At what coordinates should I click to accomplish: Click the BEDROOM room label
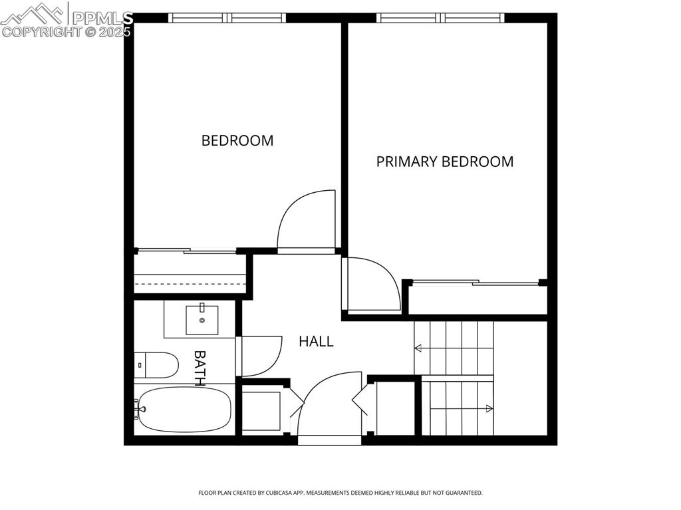point(237,140)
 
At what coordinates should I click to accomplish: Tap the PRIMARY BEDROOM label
point(444,162)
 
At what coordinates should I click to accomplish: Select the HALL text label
point(316,342)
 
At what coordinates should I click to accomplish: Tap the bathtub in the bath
point(185,410)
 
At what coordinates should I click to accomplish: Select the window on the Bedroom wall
point(227,18)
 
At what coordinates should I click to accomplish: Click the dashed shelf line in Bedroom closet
point(190,283)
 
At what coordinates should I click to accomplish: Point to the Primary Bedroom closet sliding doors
point(476,283)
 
